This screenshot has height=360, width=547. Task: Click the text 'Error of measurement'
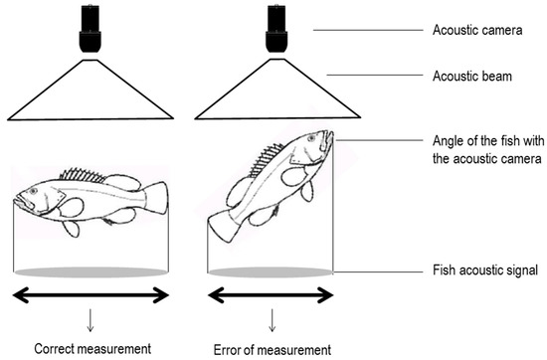click(272, 349)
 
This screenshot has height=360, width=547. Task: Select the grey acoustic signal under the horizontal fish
click(91, 270)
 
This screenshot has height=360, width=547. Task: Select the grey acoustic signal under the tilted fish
click(270, 270)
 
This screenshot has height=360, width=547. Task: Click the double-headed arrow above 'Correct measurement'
click(91, 293)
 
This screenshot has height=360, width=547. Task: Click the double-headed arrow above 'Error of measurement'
click(270, 293)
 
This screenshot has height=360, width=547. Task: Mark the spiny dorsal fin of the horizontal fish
click(84, 175)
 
